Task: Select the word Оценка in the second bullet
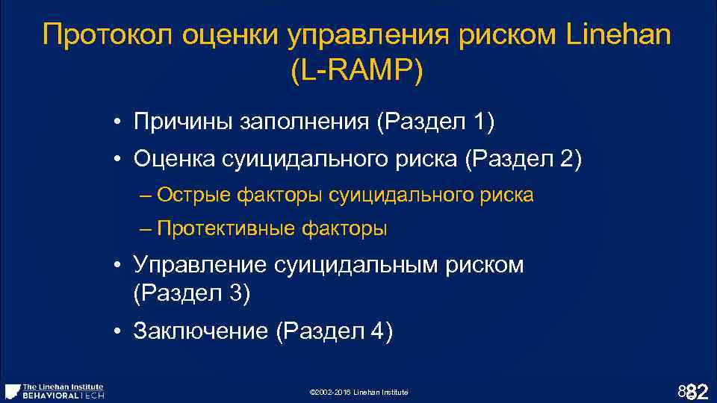pyautogui.click(x=173, y=159)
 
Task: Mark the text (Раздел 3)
pyautogui.click(x=191, y=293)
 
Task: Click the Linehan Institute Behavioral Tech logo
pyautogui.click(x=55, y=391)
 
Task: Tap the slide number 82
pyautogui.click(x=695, y=390)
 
